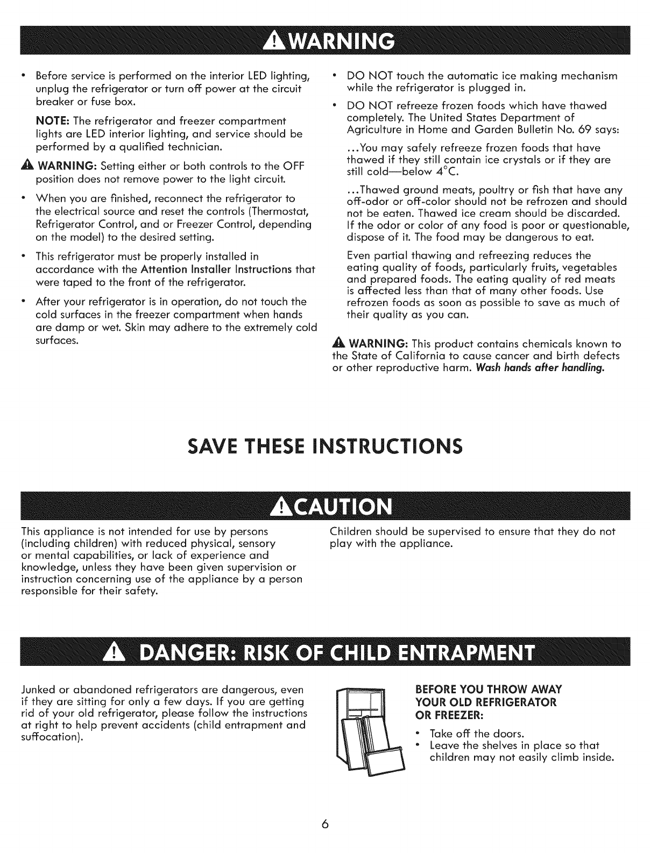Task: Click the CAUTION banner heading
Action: tap(324, 507)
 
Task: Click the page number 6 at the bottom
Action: tap(326, 825)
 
